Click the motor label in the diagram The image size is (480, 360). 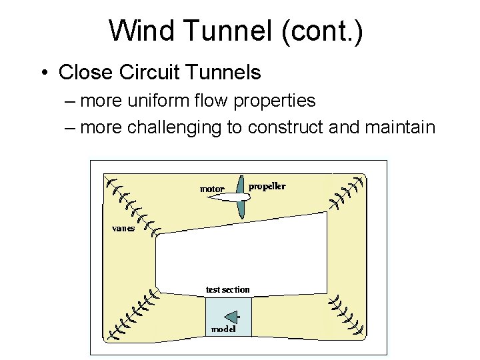coord(213,189)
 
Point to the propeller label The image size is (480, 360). coord(267,186)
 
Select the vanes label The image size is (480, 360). coord(123,228)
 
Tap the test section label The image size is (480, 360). coord(228,289)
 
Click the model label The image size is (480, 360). coord(223,329)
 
